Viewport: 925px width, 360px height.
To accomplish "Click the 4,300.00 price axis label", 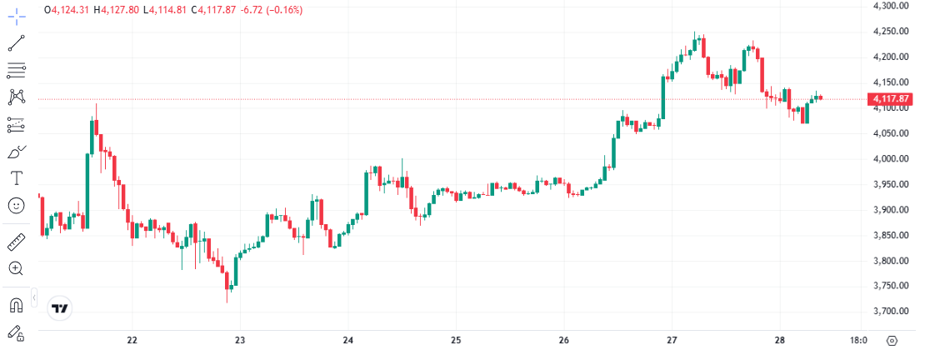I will [889, 6].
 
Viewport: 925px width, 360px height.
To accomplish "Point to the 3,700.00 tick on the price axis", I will [889, 311].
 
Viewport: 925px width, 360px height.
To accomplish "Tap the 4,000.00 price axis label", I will [889, 158].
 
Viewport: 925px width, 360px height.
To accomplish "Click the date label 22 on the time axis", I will [132, 340].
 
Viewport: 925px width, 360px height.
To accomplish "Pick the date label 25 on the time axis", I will [456, 340].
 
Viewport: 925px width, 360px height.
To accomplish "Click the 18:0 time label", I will [858, 340].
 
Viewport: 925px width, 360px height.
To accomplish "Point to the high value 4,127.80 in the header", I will [121, 10].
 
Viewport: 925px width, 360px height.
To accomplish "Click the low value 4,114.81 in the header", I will [168, 10].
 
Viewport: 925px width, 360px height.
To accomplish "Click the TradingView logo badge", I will [60, 308].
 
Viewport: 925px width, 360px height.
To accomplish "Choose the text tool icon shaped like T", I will [16, 177].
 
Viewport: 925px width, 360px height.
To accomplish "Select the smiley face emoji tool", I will [16, 204].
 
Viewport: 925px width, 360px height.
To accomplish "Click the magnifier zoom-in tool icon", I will [16, 268].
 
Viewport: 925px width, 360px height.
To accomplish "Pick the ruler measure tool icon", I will [16, 242].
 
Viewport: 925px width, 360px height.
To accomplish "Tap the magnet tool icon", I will [16, 306].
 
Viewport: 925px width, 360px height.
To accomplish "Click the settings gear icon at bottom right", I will [892, 341].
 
